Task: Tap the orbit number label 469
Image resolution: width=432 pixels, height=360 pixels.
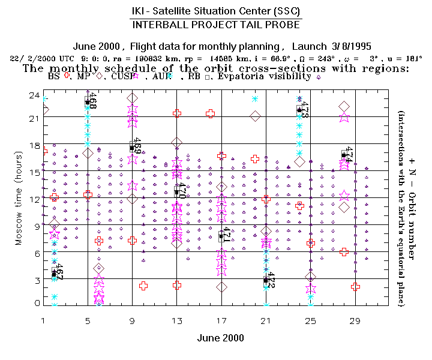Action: click(137, 146)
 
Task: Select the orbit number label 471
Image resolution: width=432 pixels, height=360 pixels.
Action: click(226, 235)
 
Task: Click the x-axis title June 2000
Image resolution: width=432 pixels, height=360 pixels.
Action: click(221, 338)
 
